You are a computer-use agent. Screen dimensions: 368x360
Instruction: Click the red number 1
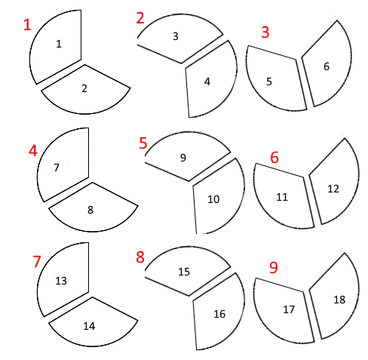click(x=27, y=25)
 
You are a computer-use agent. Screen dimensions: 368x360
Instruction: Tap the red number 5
click(x=143, y=143)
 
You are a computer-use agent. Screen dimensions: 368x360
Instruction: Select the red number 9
click(x=274, y=267)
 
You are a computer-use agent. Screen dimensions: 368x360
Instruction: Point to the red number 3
click(x=265, y=32)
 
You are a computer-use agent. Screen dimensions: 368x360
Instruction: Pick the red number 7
click(x=37, y=261)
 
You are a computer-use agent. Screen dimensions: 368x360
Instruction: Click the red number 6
click(x=274, y=158)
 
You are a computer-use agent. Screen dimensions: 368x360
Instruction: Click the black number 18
click(x=339, y=300)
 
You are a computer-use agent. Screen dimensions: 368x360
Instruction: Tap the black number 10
click(x=213, y=199)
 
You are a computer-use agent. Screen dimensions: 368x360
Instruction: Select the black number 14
click(x=89, y=326)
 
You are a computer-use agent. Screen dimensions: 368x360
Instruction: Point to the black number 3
click(x=176, y=36)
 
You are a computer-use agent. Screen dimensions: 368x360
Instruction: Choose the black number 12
click(x=333, y=189)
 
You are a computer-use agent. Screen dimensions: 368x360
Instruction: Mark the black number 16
click(x=219, y=314)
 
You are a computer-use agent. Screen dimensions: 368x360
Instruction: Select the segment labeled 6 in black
click(x=327, y=66)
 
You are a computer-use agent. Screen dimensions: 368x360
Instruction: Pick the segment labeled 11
click(x=283, y=198)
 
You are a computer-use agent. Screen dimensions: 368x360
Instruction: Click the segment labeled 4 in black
click(x=210, y=82)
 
